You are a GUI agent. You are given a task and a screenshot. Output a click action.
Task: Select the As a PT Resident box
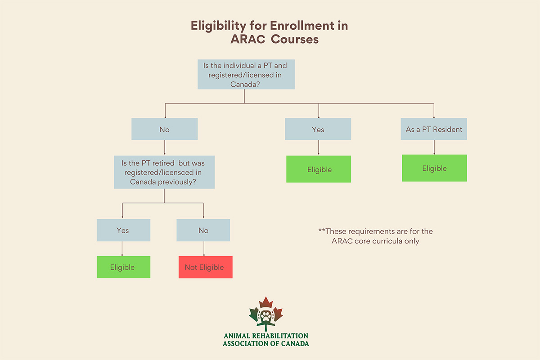point(434,130)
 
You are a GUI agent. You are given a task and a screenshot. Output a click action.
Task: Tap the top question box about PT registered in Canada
point(246,75)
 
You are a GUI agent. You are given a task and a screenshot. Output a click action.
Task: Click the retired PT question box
point(164,173)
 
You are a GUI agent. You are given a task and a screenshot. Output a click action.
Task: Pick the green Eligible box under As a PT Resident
point(434,168)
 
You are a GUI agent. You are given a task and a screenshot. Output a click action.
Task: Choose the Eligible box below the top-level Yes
point(319,169)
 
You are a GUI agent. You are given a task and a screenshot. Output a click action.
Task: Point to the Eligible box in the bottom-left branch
point(123,267)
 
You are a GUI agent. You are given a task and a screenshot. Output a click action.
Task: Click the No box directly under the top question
point(164,130)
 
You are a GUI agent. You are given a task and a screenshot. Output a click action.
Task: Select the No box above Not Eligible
point(203,230)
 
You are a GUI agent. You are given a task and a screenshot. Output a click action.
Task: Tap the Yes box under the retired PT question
point(123,230)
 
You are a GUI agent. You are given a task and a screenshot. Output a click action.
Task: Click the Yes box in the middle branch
point(318,130)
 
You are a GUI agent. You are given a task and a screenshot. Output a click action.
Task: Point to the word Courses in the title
point(294,39)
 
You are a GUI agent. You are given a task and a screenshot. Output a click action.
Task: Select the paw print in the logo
point(265,316)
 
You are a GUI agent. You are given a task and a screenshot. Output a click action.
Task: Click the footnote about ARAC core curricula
point(375,236)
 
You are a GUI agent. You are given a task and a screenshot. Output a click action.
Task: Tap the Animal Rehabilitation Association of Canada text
point(265,340)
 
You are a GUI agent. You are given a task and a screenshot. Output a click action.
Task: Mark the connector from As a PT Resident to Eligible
point(434,147)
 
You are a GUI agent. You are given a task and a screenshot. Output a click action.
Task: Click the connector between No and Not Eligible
point(204,249)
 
